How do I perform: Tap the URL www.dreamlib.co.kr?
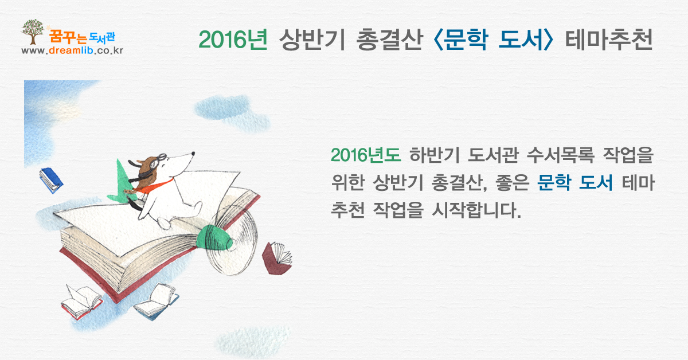point(72,50)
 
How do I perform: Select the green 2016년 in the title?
point(233,40)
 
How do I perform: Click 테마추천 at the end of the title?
point(609,40)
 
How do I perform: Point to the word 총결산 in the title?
point(390,40)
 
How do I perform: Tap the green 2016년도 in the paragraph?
point(366,155)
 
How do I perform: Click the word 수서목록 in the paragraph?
point(561,155)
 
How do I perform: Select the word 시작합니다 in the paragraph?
point(476,210)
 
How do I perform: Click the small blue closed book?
point(51,181)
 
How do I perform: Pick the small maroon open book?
point(277,259)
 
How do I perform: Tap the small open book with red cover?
point(81,302)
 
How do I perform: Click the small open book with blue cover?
point(157,302)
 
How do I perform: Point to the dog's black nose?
point(193,153)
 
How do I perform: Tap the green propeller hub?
point(214,237)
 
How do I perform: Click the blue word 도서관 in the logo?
point(102,37)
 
